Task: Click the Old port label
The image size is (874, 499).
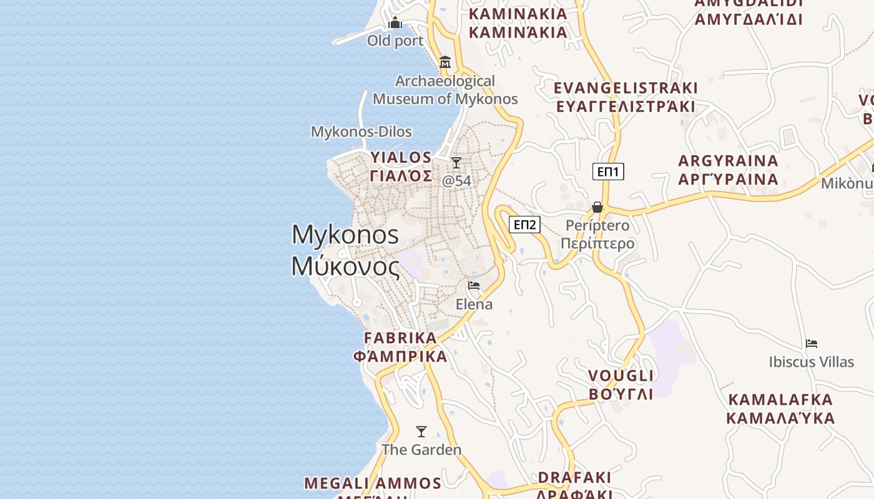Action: click(x=395, y=41)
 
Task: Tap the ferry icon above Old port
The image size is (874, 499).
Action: click(x=395, y=24)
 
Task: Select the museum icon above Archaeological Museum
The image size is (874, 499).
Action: click(x=445, y=62)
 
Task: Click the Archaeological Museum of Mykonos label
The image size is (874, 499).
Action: click(x=445, y=90)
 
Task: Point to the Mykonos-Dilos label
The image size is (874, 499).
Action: click(x=361, y=132)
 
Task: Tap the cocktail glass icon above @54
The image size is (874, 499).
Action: click(x=456, y=163)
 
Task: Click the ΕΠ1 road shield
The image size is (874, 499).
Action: click(x=608, y=172)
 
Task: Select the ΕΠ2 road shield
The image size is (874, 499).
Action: click(x=524, y=225)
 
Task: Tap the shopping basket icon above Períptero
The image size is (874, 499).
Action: click(x=597, y=207)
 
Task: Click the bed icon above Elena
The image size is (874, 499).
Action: click(x=474, y=286)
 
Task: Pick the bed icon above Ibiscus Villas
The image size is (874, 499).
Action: click(x=812, y=344)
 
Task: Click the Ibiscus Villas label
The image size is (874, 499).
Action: click(x=812, y=362)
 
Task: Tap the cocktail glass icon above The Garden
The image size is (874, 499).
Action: click(x=421, y=432)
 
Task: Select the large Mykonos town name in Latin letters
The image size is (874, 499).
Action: click(x=345, y=235)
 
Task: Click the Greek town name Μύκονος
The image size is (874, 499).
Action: click(x=345, y=266)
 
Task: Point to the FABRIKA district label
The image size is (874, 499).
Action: click(x=401, y=338)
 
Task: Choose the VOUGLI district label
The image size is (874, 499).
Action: click(x=621, y=376)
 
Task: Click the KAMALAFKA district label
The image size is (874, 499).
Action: click(x=781, y=400)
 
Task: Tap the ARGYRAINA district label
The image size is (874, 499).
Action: click(x=729, y=161)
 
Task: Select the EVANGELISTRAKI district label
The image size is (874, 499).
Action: click(x=626, y=88)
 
